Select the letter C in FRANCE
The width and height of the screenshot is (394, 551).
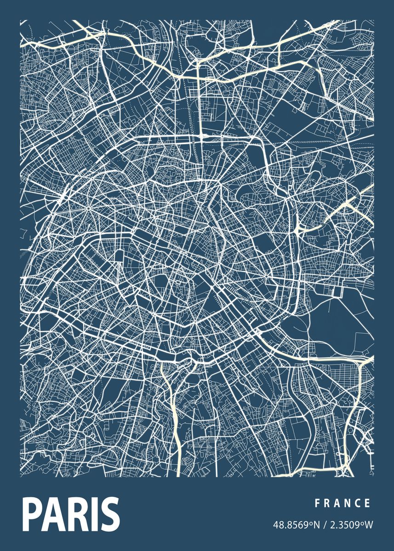tap(357, 504)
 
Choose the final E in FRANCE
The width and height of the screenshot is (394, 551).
tap(367, 504)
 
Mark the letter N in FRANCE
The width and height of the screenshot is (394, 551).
tap(347, 504)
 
